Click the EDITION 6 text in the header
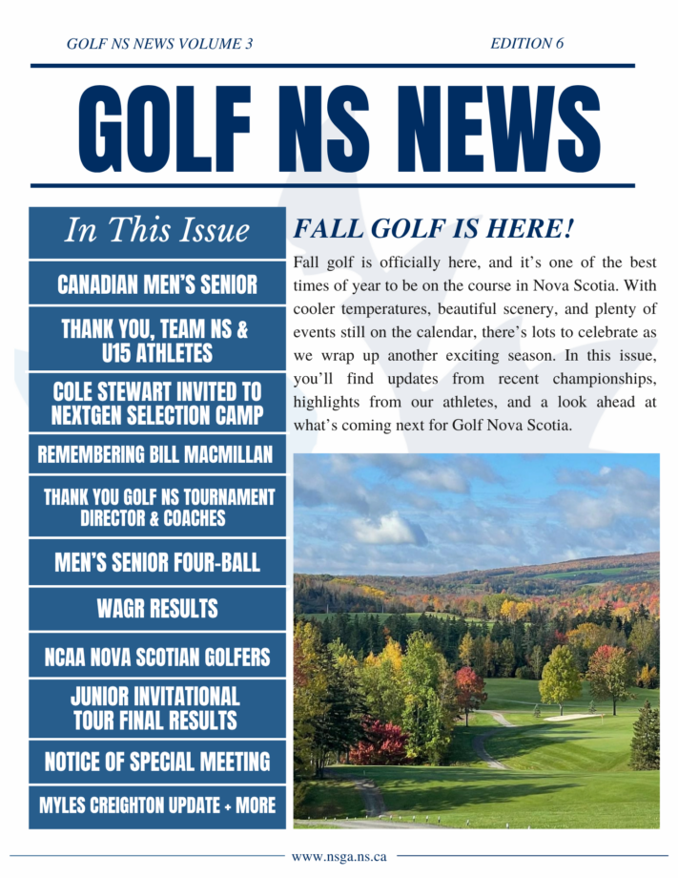(x=526, y=43)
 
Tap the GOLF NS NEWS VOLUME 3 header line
(x=159, y=43)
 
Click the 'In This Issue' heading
(x=157, y=231)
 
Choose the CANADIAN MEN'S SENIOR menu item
(x=157, y=283)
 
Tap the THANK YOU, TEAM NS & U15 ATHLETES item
(x=157, y=341)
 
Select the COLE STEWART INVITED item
(x=157, y=404)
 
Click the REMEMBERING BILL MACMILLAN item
(x=157, y=454)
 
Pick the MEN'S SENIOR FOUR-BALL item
(x=157, y=562)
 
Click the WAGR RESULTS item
(x=157, y=608)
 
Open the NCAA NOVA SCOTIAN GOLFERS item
(x=157, y=657)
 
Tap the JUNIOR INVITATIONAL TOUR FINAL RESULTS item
(x=157, y=708)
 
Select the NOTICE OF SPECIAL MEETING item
(x=157, y=762)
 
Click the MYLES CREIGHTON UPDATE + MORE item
(x=157, y=805)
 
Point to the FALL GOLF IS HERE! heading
(x=434, y=229)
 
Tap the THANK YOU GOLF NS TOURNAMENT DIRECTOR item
(x=157, y=508)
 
